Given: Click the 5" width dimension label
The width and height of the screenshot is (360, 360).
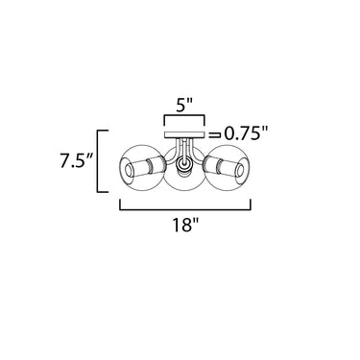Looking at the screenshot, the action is (185, 105).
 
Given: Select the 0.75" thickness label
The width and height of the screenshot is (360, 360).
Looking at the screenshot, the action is (246, 133).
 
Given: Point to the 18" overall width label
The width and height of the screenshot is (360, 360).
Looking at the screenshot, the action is (185, 225).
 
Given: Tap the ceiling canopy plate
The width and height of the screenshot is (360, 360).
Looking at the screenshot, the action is (184, 135).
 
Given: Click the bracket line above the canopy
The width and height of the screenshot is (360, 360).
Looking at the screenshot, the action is (184, 115).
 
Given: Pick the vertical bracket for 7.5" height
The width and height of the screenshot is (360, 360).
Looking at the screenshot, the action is (98, 161).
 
